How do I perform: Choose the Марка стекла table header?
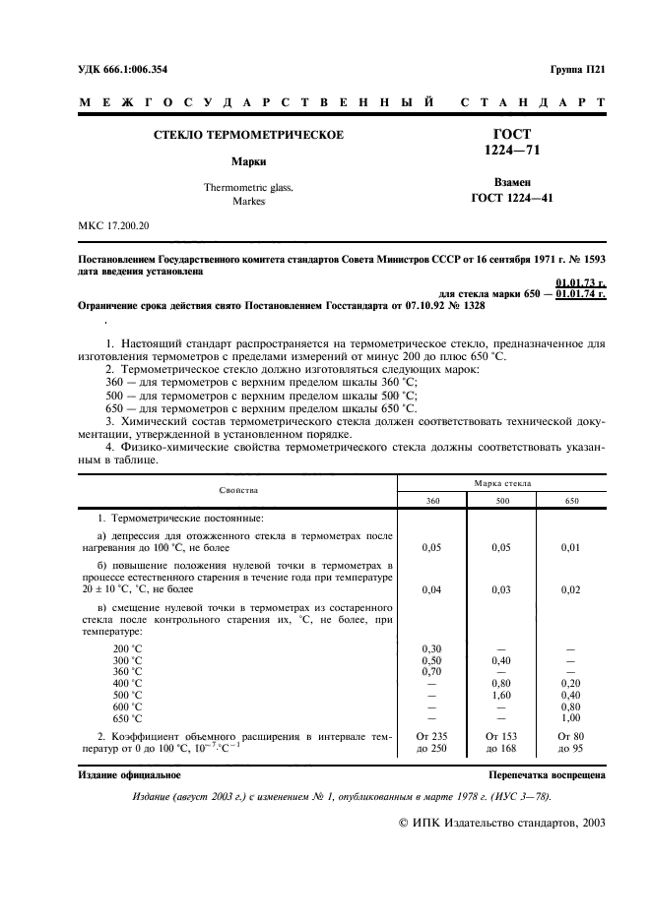[x=502, y=483]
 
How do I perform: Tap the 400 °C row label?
[x=128, y=682]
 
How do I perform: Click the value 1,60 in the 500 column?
[x=501, y=694]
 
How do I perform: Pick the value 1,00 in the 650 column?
[x=571, y=717]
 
